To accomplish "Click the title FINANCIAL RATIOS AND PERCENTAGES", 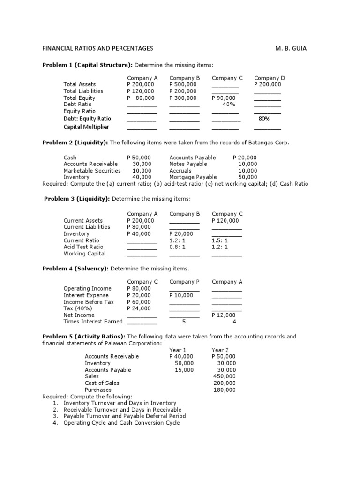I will coord(97,48).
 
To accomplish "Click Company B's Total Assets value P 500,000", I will coord(183,84).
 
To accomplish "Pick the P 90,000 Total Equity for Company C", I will coord(224,98).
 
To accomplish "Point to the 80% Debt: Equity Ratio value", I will coord(264,119).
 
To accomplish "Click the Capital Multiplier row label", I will coord(86,127).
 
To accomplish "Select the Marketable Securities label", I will coord(92,171).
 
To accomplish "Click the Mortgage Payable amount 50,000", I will coord(247,177).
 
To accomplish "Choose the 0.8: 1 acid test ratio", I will coord(178,247).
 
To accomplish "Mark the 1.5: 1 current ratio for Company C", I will coord(220,240).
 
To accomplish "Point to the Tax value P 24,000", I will coord(139,308).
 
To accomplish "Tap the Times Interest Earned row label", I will coord(93,322).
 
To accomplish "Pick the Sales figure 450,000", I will coord(225,376).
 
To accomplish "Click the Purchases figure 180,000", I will coord(225,390).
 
